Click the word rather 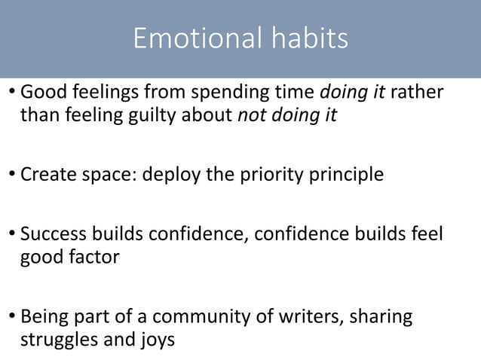[x=417, y=93]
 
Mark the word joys [x=155, y=338]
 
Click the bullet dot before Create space [x=11, y=175]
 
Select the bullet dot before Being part [x=11, y=316]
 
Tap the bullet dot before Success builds [x=11, y=235]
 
